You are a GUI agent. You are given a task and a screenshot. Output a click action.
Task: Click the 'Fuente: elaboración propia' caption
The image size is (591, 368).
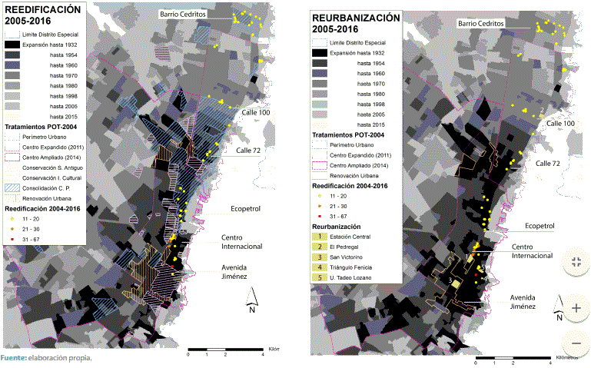coord(46,358)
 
